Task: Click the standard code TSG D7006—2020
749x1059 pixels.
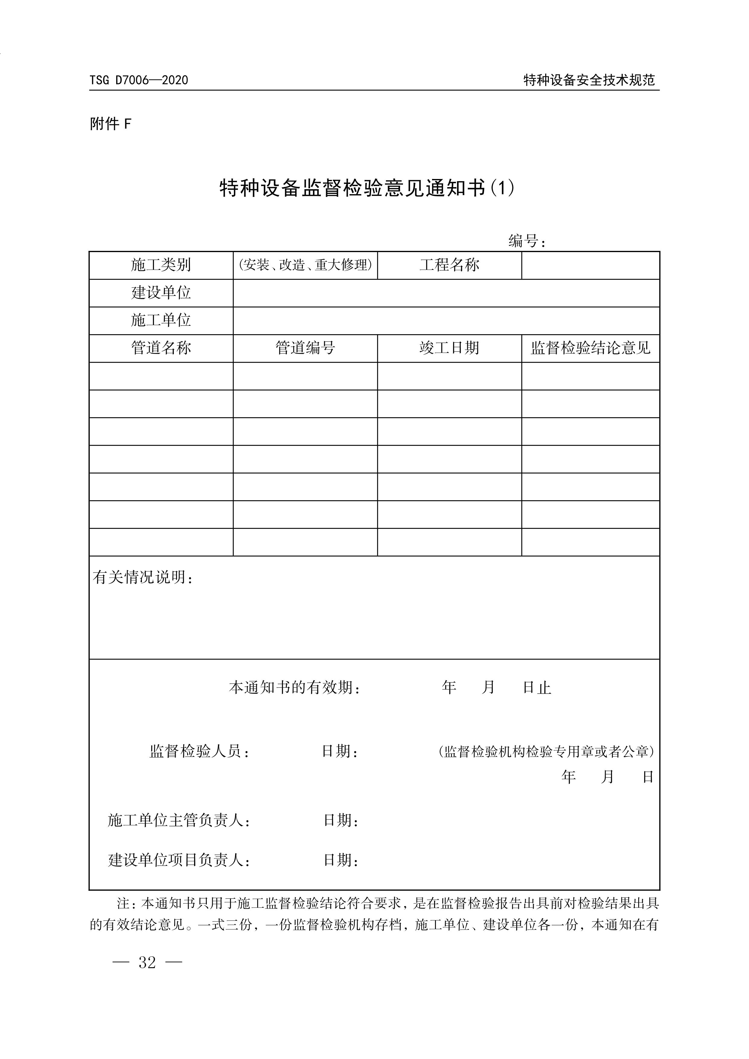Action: (x=139, y=80)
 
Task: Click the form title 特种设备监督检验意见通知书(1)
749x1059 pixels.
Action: (x=367, y=188)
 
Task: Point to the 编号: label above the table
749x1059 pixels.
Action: (x=527, y=241)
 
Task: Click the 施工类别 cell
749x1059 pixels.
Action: (x=161, y=265)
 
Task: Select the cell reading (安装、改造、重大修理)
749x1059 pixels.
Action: (x=305, y=265)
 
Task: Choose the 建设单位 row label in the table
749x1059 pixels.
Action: (x=161, y=293)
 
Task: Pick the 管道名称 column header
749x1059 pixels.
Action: (x=161, y=348)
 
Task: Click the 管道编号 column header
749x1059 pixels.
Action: (x=305, y=348)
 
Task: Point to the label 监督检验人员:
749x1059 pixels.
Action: (x=200, y=751)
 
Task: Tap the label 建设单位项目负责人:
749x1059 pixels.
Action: (x=179, y=860)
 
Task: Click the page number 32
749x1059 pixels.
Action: (x=147, y=963)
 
